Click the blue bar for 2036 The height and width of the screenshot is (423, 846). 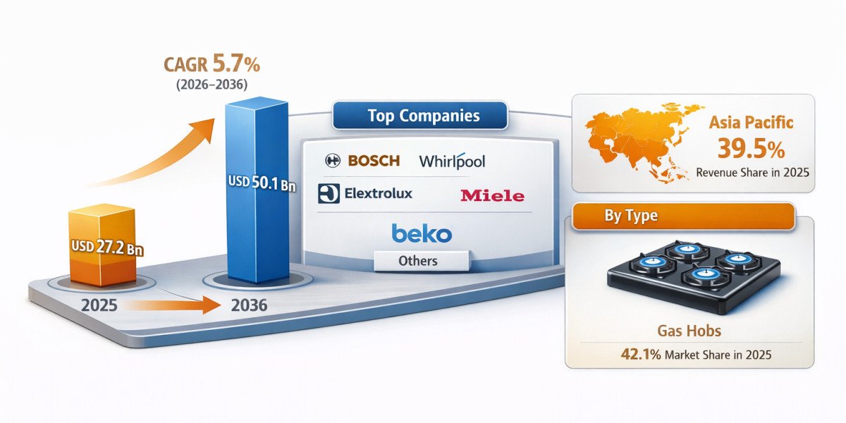tap(257, 190)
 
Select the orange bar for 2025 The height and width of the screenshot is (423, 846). tap(102, 245)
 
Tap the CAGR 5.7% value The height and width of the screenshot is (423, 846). tap(212, 63)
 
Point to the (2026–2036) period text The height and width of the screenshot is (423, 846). tap(212, 84)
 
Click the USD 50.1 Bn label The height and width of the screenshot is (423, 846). tap(262, 183)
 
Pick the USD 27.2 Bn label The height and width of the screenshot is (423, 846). tap(107, 247)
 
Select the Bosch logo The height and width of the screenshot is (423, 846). tap(362, 161)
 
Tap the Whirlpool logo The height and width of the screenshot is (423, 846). tap(452, 161)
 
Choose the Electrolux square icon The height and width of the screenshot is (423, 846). tap(329, 193)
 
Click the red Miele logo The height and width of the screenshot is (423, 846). tap(493, 196)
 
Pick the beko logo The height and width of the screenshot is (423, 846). tap(422, 233)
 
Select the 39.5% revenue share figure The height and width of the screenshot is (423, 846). tap(751, 149)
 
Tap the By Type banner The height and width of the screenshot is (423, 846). tap(684, 216)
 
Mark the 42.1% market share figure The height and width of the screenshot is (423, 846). tap(641, 355)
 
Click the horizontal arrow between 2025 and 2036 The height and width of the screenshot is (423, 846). tap(172, 305)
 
